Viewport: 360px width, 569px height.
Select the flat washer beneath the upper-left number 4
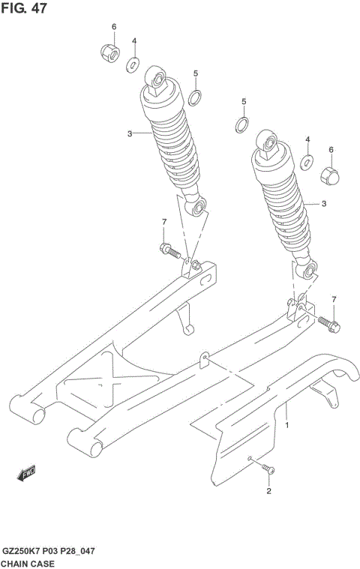point(133,64)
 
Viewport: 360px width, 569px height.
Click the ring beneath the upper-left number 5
point(195,97)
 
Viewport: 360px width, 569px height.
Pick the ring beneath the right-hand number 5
point(243,124)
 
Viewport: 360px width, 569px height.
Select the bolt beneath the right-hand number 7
point(329,323)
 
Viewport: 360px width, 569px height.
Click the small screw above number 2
point(269,469)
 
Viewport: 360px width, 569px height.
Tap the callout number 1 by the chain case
point(286,425)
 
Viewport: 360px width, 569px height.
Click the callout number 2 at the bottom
point(268,492)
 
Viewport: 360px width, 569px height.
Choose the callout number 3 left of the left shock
point(129,133)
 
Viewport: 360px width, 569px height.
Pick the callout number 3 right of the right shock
point(324,203)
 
